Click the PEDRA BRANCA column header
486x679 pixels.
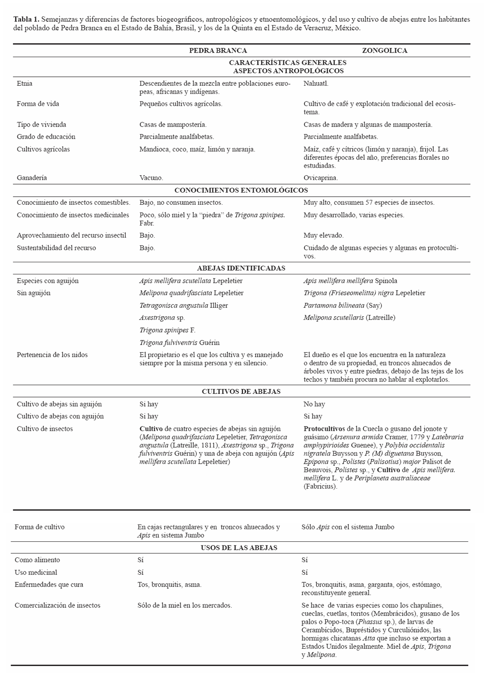tap(218, 51)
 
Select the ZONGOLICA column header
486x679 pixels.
tap(384, 51)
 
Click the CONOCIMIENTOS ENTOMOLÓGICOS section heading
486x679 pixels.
tap(241, 190)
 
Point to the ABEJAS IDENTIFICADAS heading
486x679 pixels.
tap(241, 268)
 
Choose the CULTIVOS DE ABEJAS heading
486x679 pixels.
tap(241, 392)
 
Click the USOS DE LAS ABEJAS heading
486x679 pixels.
tap(239, 548)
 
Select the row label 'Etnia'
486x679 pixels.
tap(24, 84)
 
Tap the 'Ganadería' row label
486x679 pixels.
tap(32, 178)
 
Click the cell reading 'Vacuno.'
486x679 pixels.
tap(151, 178)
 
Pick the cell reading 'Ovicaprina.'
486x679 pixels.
tap(321, 178)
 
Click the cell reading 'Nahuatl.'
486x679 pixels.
tap(316, 84)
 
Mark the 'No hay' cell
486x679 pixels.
tap(314, 404)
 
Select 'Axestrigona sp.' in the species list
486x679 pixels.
tap(162, 318)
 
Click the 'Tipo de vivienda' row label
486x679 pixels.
tap(41, 125)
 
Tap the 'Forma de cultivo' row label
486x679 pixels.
tap(39, 527)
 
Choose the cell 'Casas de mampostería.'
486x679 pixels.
tap(173, 125)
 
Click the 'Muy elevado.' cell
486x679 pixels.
tap(323, 236)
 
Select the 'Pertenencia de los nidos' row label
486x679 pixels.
tap(52, 355)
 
